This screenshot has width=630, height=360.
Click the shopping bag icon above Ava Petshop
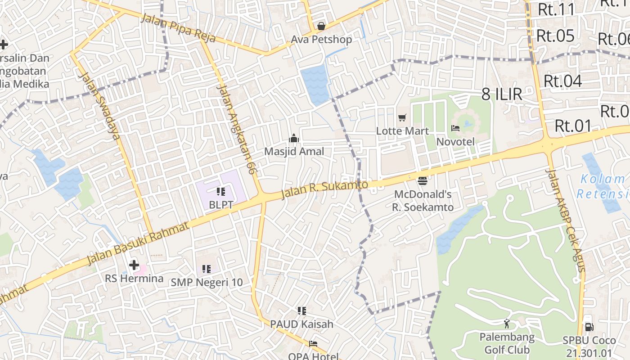pyautogui.click(x=321, y=26)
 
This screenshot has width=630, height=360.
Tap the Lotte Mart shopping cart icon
pyautogui.click(x=402, y=118)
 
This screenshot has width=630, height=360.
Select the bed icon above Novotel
pyautogui.click(x=455, y=128)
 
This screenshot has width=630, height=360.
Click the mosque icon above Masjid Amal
pyautogui.click(x=294, y=138)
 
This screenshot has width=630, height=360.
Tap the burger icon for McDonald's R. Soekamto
pyautogui.click(x=422, y=181)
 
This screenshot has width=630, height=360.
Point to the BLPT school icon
pyautogui.click(x=220, y=192)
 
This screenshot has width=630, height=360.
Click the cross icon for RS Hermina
pyautogui.click(x=134, y=265)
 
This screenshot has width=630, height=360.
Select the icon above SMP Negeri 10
pyautogui.click(x=206, y=269)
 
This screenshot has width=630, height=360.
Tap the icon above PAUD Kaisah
pyautogui.click(x=301, y=310)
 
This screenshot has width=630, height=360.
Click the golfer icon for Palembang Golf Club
pyautogui.click(x=507, y=323)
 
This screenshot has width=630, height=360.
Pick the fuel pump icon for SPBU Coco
pyautogui.click(x=588, y=327)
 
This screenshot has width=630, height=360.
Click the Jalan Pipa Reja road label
pyautogui.click(x=178, y=28)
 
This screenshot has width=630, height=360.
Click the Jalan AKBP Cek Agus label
pyautogui.click(x=566, y=220)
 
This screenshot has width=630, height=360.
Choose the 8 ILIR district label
pyautogui.click(x=502, y=94)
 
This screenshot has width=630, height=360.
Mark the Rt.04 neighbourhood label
pyautogui.click(x=563, y=81)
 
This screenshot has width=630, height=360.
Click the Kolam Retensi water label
pyautogui.click(x=603, y=187)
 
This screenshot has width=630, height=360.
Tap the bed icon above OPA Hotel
pyautogui.click(x=313, y=344)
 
